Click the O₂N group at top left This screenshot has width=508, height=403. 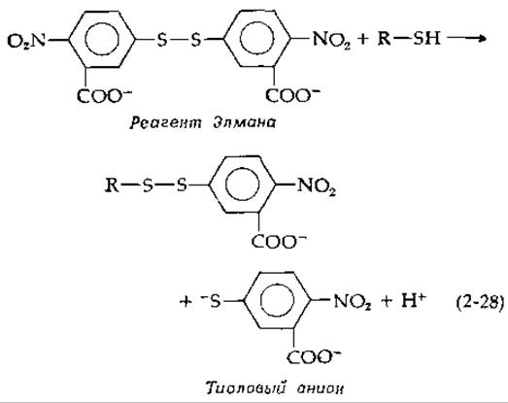[26, 41]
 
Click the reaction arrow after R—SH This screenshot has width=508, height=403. [466, 39]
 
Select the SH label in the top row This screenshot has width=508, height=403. [426, 38]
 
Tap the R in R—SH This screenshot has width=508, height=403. [385, 38]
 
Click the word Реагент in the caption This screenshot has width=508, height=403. [165, 122]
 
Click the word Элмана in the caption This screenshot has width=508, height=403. [244, 122]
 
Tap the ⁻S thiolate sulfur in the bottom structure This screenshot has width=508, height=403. [211, 301]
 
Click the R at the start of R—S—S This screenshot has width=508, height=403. [112, 185]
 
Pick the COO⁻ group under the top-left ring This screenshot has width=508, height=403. [104, 95]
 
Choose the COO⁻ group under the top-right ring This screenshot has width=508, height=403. [292, 95]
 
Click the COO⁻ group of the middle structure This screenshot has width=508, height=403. [279, 241]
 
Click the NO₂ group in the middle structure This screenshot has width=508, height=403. [317, 186]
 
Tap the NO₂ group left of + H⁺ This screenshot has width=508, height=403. [353, 302]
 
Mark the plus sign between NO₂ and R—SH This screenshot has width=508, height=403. [363, 39]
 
